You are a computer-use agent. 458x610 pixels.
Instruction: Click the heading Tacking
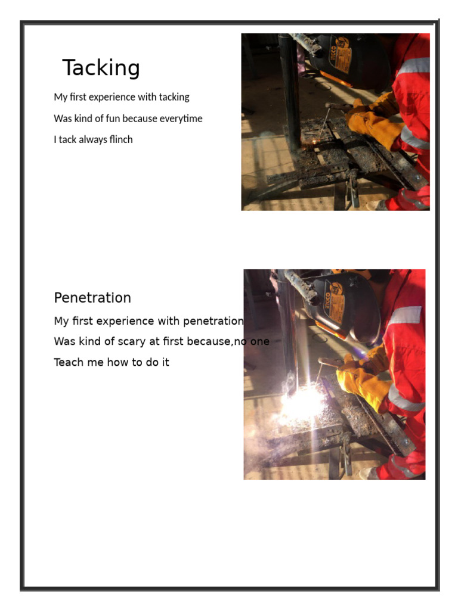(101, 68)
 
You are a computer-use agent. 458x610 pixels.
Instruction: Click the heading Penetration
(92, 298)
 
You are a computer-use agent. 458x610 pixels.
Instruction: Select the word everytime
(181, 119)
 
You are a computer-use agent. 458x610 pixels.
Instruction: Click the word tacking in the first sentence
(174, 97)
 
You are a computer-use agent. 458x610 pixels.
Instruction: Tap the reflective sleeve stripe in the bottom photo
(406, 316)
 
